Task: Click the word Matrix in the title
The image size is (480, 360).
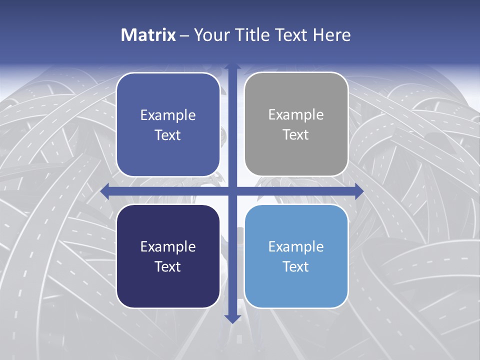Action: tap(148, 35)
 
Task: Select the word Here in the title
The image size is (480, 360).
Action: tap(331, 35)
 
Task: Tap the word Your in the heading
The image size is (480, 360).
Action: tap(209, 35)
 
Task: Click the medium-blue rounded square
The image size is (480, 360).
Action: tap(168, 124)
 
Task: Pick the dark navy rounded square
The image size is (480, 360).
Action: tap(168, 256)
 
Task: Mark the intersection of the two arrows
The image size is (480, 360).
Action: tap(232, 191)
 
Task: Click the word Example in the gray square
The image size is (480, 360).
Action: tap(296, 115)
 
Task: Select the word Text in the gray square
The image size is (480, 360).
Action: tap(296, 135)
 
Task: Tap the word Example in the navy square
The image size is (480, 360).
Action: tap(168, 246)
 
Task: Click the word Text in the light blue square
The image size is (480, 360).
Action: tap(296, 266)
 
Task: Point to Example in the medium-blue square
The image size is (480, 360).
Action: tap(168, 115)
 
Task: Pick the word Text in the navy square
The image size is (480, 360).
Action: tap(168, 266)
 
